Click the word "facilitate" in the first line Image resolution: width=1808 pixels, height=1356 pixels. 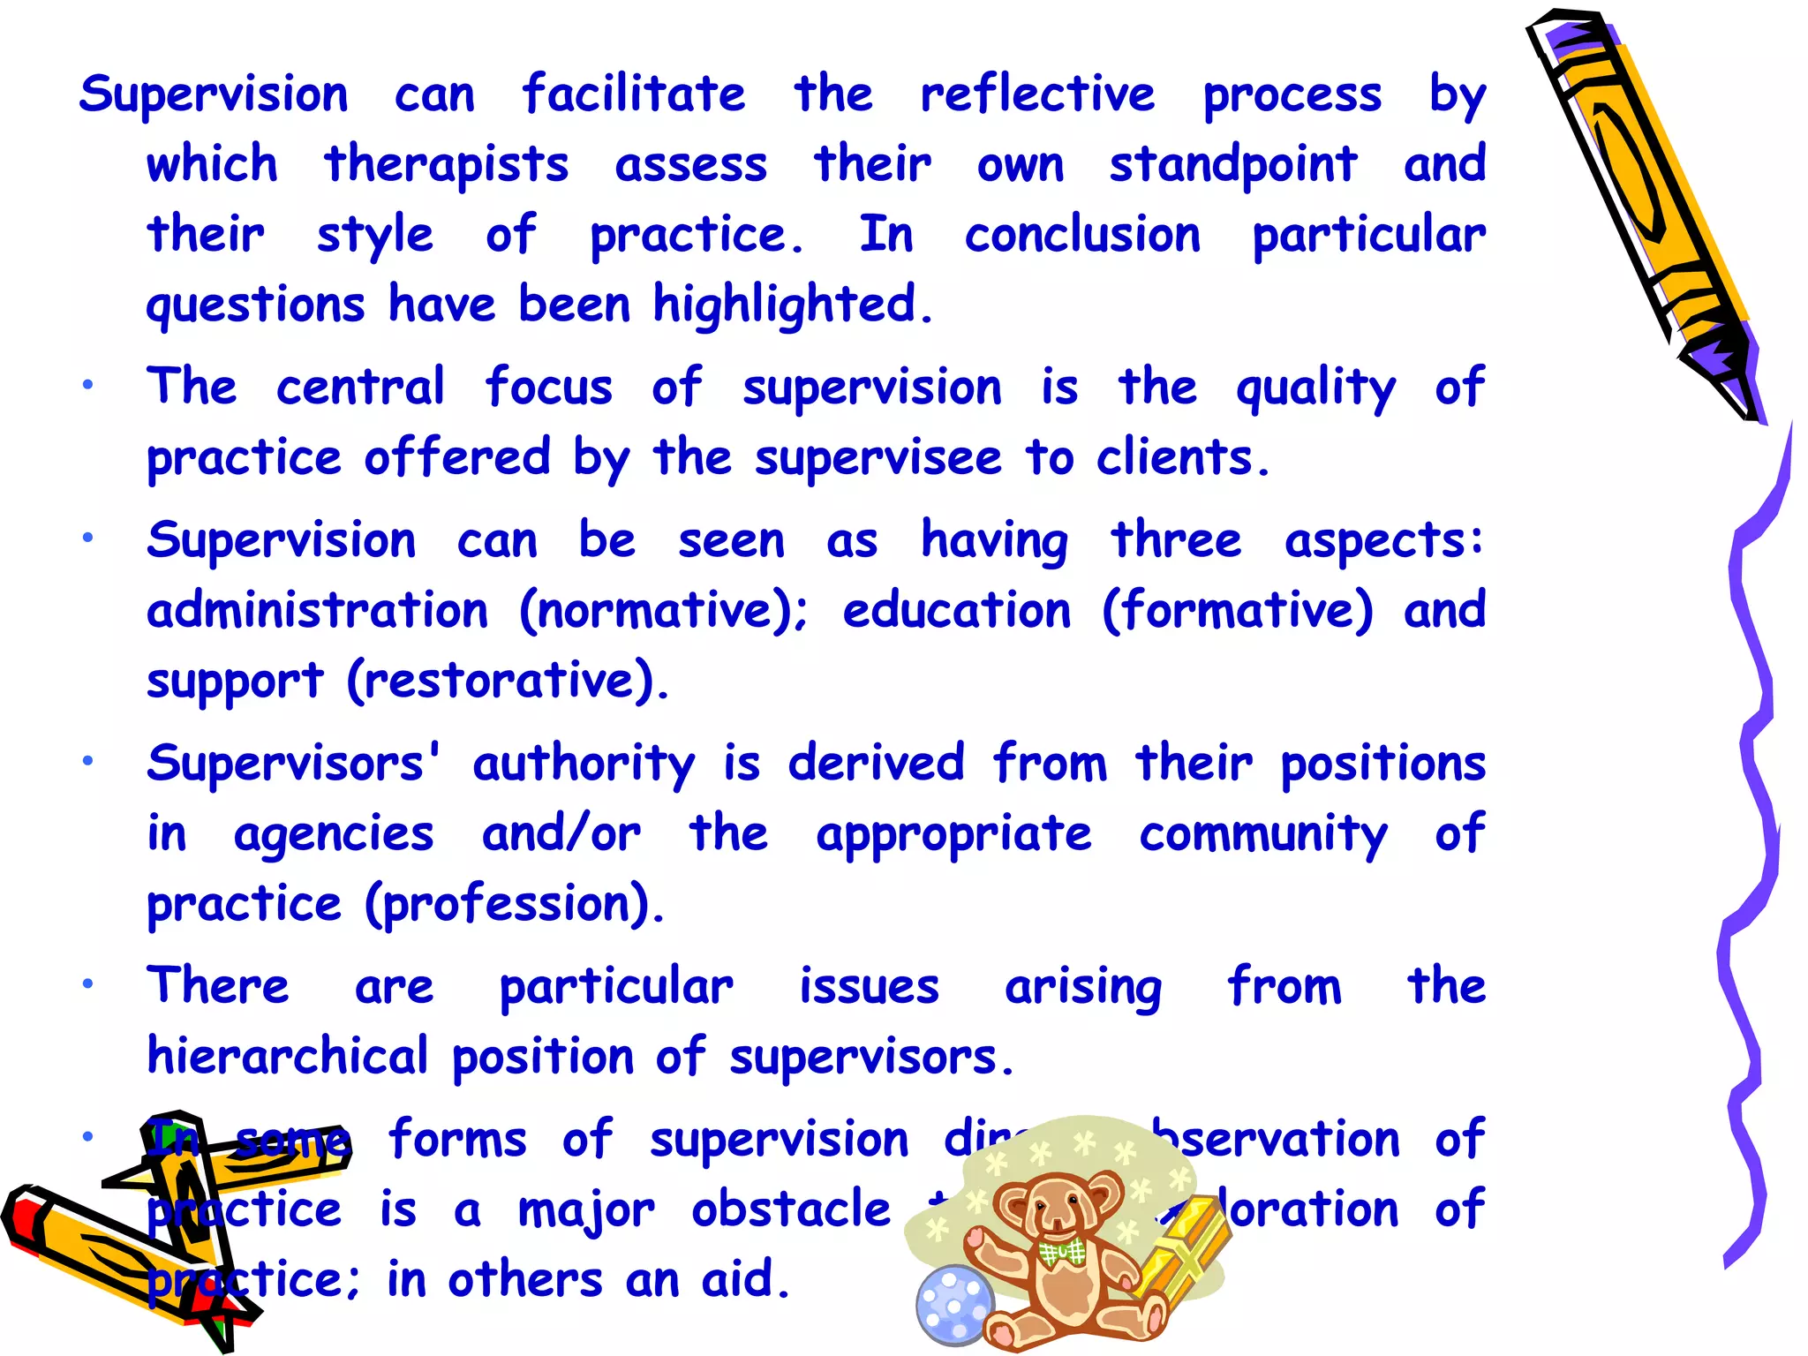click(633, 94)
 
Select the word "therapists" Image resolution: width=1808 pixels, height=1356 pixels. click(446, 165)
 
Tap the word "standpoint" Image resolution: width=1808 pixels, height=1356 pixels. click(1232, 165)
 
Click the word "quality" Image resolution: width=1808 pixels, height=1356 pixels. click(1315, 388)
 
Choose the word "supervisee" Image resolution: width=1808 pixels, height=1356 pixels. click(878, 459)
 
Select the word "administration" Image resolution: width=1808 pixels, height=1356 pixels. click(317, 610)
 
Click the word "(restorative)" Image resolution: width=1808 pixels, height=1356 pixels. click(508, 681)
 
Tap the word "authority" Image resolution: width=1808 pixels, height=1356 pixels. click(584, 765)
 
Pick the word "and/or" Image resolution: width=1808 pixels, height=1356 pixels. click(561, 834)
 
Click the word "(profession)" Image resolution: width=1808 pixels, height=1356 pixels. click(515, 905)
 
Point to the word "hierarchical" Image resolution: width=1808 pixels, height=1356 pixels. click(288, 1056)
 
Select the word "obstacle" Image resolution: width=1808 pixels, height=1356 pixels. click(791, 1209)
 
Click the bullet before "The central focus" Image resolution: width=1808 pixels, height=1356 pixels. click(87, 385)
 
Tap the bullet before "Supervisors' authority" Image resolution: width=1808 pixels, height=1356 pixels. click(87, 760)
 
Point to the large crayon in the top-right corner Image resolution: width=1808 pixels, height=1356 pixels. click(1642, 212)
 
